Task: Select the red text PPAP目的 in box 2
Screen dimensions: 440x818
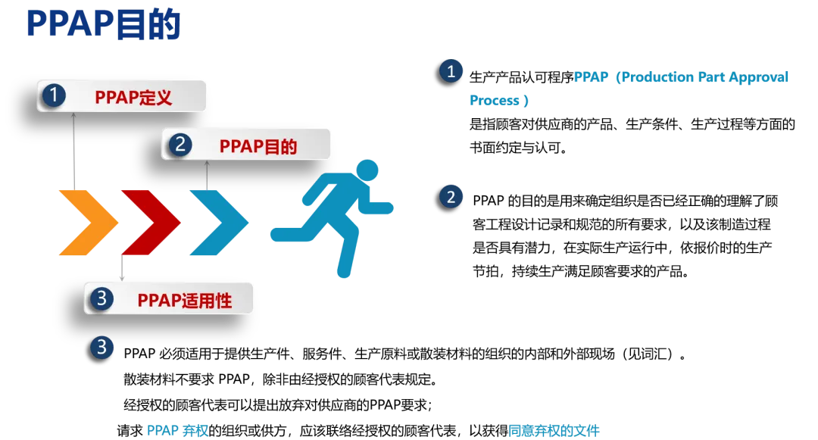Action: point(258,146)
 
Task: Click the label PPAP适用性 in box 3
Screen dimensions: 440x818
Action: point(184,301)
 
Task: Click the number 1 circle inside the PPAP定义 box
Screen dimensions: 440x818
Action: point(55,96)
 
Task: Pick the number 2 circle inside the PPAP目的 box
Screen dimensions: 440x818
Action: point(179,145)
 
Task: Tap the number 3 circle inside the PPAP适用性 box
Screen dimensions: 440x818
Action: point(101,299)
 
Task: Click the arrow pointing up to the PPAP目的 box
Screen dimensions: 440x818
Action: point(207,174)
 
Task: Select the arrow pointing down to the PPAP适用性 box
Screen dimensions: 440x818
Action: point(122,269)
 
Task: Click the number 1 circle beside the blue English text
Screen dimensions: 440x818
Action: point(451,72)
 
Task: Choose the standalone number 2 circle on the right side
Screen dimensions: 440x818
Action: point(451,197)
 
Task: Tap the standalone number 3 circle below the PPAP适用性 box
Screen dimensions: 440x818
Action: point(101,348)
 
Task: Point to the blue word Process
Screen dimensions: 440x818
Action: point(496,101)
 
